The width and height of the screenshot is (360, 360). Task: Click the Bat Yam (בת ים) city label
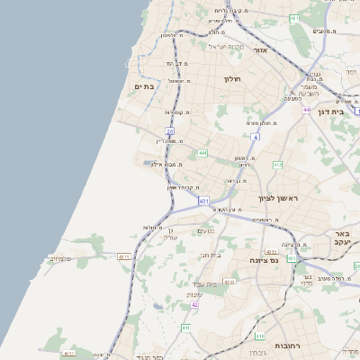146,85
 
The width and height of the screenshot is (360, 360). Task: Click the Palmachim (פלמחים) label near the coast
60,258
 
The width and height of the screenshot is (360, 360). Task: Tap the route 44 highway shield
306,110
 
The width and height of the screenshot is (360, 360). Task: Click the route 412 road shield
277,165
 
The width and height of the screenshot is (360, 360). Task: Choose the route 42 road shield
194,305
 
